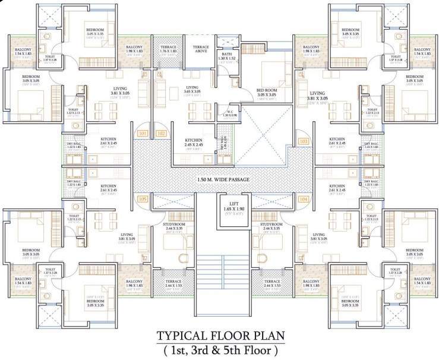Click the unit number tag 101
click(143, 134)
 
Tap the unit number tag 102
click(161, 134)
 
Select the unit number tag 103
click(304, 142)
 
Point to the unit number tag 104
click(304, 200)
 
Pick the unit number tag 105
click(143, 200)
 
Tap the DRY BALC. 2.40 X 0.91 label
click(223, 143)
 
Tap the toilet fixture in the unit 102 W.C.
click(226, 128)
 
